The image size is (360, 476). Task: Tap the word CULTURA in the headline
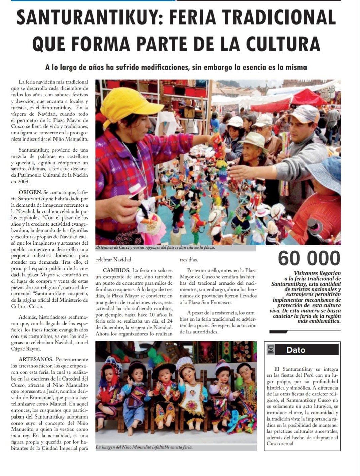(x=283, y=44)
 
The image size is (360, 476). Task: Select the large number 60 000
(x=309, y=258)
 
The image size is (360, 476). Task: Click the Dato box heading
(x=296, y=350)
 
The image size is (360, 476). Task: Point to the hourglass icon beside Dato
(x=271, y=350)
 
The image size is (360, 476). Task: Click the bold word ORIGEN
(x=30, y=192)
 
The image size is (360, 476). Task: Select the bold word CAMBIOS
(x=116, y=270)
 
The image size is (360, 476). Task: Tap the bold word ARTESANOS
(x=36, y=359)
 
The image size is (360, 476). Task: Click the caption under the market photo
(x=155, y=248)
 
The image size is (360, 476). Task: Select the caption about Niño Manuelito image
(x=144, y=447)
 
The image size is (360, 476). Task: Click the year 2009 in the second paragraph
(x=23, y=182)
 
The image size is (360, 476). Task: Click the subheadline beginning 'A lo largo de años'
(x=176, y=67)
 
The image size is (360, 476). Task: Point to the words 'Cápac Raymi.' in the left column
(x=23, y=349)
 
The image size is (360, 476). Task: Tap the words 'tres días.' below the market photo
(x=189, y=260)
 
